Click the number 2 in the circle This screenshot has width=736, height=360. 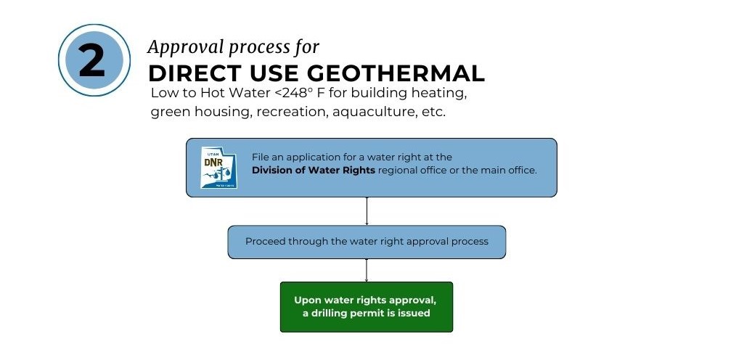pyautogui.click(x=92, y=61)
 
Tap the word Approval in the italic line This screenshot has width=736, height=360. pyautogui.click(x=179, y=47)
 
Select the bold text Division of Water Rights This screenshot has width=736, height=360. pyautogui.click(x=314, y=170)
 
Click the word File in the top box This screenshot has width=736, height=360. pyautogui.click(x=261, y=157)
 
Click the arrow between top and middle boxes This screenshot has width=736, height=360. pyautogui.click(x=367, y=211)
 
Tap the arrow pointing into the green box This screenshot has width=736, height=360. pyautogui.click(x=367, y=270)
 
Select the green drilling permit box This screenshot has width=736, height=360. pyautogui.click(x=367, y=306)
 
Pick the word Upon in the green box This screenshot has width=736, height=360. pyautogui.click(x=308, y=300)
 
